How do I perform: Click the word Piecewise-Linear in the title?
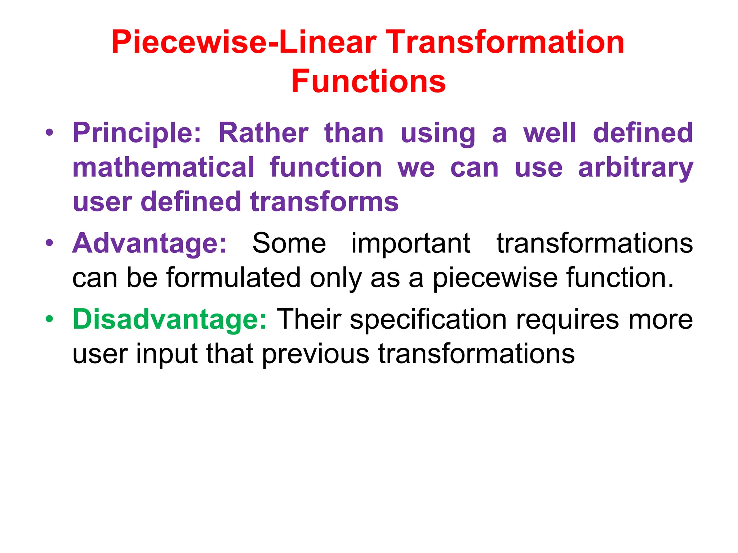(x=244, y=42)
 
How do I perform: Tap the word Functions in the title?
(x=368, y=82)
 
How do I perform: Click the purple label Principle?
(x=137, y=133)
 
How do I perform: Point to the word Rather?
(x=263, y=133)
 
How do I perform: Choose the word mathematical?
(x=164, y=168)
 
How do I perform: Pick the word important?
(x=411, y=244)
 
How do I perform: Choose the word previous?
(x=316, y=354)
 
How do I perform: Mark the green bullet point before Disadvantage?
(x=49, y=319)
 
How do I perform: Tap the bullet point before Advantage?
(x=49, y=243)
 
